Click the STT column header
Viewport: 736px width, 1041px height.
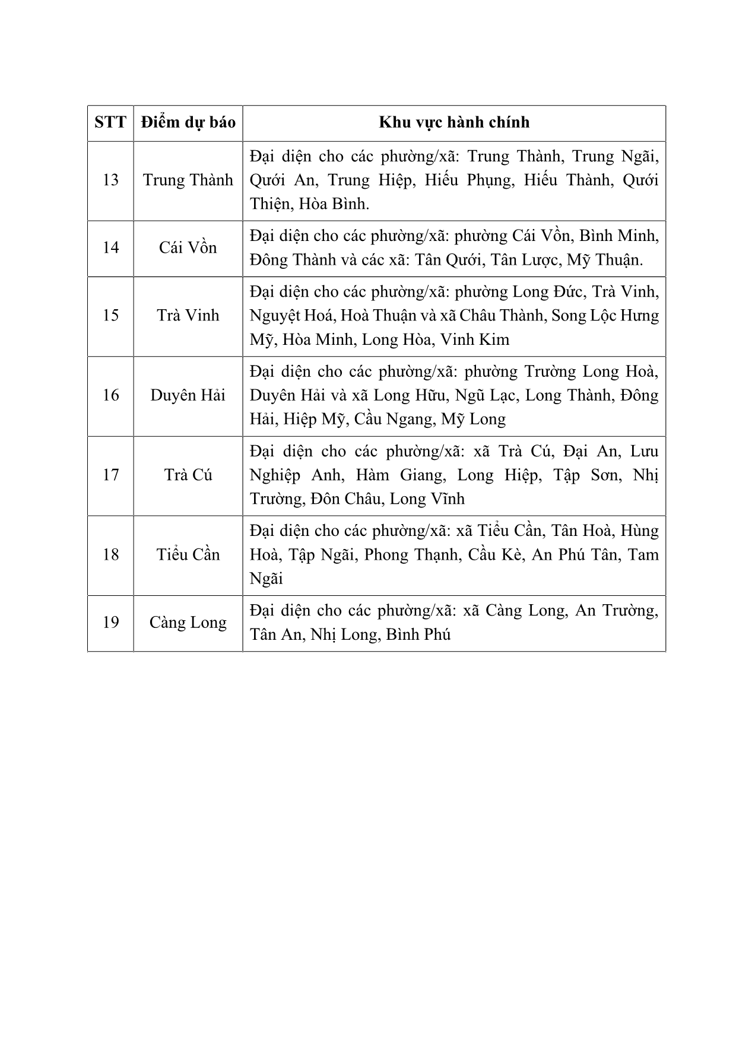coord(110,123)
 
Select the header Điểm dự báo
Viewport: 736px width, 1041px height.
coord(188,123)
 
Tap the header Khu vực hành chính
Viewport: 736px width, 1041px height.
coord(454,123)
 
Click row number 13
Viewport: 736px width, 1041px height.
coord(110,180)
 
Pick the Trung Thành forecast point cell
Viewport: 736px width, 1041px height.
coord(188,180)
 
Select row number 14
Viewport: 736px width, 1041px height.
coord(110,247)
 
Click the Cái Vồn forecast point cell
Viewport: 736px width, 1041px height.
coord(188,247)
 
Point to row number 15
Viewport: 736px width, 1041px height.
coord(110,315)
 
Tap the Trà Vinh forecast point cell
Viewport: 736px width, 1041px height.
coord(188,315)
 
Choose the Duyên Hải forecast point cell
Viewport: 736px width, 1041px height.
coord(188,395)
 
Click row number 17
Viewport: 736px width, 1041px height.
coord(110,475)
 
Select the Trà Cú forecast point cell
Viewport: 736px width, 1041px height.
coord(188,475)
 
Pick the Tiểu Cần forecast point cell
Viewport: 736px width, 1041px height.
coord(188,555)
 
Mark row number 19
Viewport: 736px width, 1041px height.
coord(110,623)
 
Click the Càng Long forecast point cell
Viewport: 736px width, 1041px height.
coord(188,623)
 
